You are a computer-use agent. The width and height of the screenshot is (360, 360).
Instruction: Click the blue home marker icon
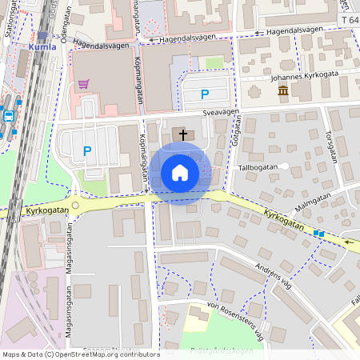pos(180,173)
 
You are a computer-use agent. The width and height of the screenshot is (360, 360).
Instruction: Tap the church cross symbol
pos(182,134)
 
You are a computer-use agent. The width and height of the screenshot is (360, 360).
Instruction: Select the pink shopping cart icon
pos(83,83)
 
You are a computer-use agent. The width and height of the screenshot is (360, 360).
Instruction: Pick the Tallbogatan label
pos(258,168)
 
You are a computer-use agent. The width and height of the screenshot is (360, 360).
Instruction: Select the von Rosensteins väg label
pos(235,321)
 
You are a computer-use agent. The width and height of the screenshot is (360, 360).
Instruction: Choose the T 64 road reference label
pos(349,19)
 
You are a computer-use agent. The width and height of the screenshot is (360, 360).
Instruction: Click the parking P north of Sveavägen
pos(203,94)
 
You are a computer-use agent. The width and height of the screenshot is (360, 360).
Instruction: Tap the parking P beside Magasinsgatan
pos(87,150)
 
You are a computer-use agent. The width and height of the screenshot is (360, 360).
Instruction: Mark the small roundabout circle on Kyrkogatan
pos(75,206)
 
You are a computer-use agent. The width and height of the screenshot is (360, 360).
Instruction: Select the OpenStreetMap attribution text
pos(80,354)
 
